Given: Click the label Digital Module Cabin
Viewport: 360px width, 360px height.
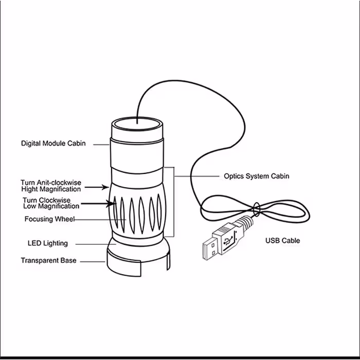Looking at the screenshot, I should (53, 143).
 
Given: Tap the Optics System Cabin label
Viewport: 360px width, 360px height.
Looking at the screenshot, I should (256, 176).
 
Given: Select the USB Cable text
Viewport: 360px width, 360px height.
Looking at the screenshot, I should (282, 240).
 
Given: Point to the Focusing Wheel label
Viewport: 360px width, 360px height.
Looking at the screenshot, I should (50, 219).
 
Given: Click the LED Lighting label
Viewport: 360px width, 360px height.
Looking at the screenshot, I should (47, 243).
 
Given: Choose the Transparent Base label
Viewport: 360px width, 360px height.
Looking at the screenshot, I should (48, 260).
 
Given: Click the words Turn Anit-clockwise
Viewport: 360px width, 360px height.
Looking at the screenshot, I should (51, 183).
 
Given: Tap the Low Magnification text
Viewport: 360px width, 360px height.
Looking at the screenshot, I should (51, 206).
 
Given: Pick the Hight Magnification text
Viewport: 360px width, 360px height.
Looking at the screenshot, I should (51, 189).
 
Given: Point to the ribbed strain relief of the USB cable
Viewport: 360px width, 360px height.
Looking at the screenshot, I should (246, 222).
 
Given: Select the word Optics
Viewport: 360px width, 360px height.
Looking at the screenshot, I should (235, 176).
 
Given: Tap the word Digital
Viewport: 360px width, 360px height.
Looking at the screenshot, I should (31, 143).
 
